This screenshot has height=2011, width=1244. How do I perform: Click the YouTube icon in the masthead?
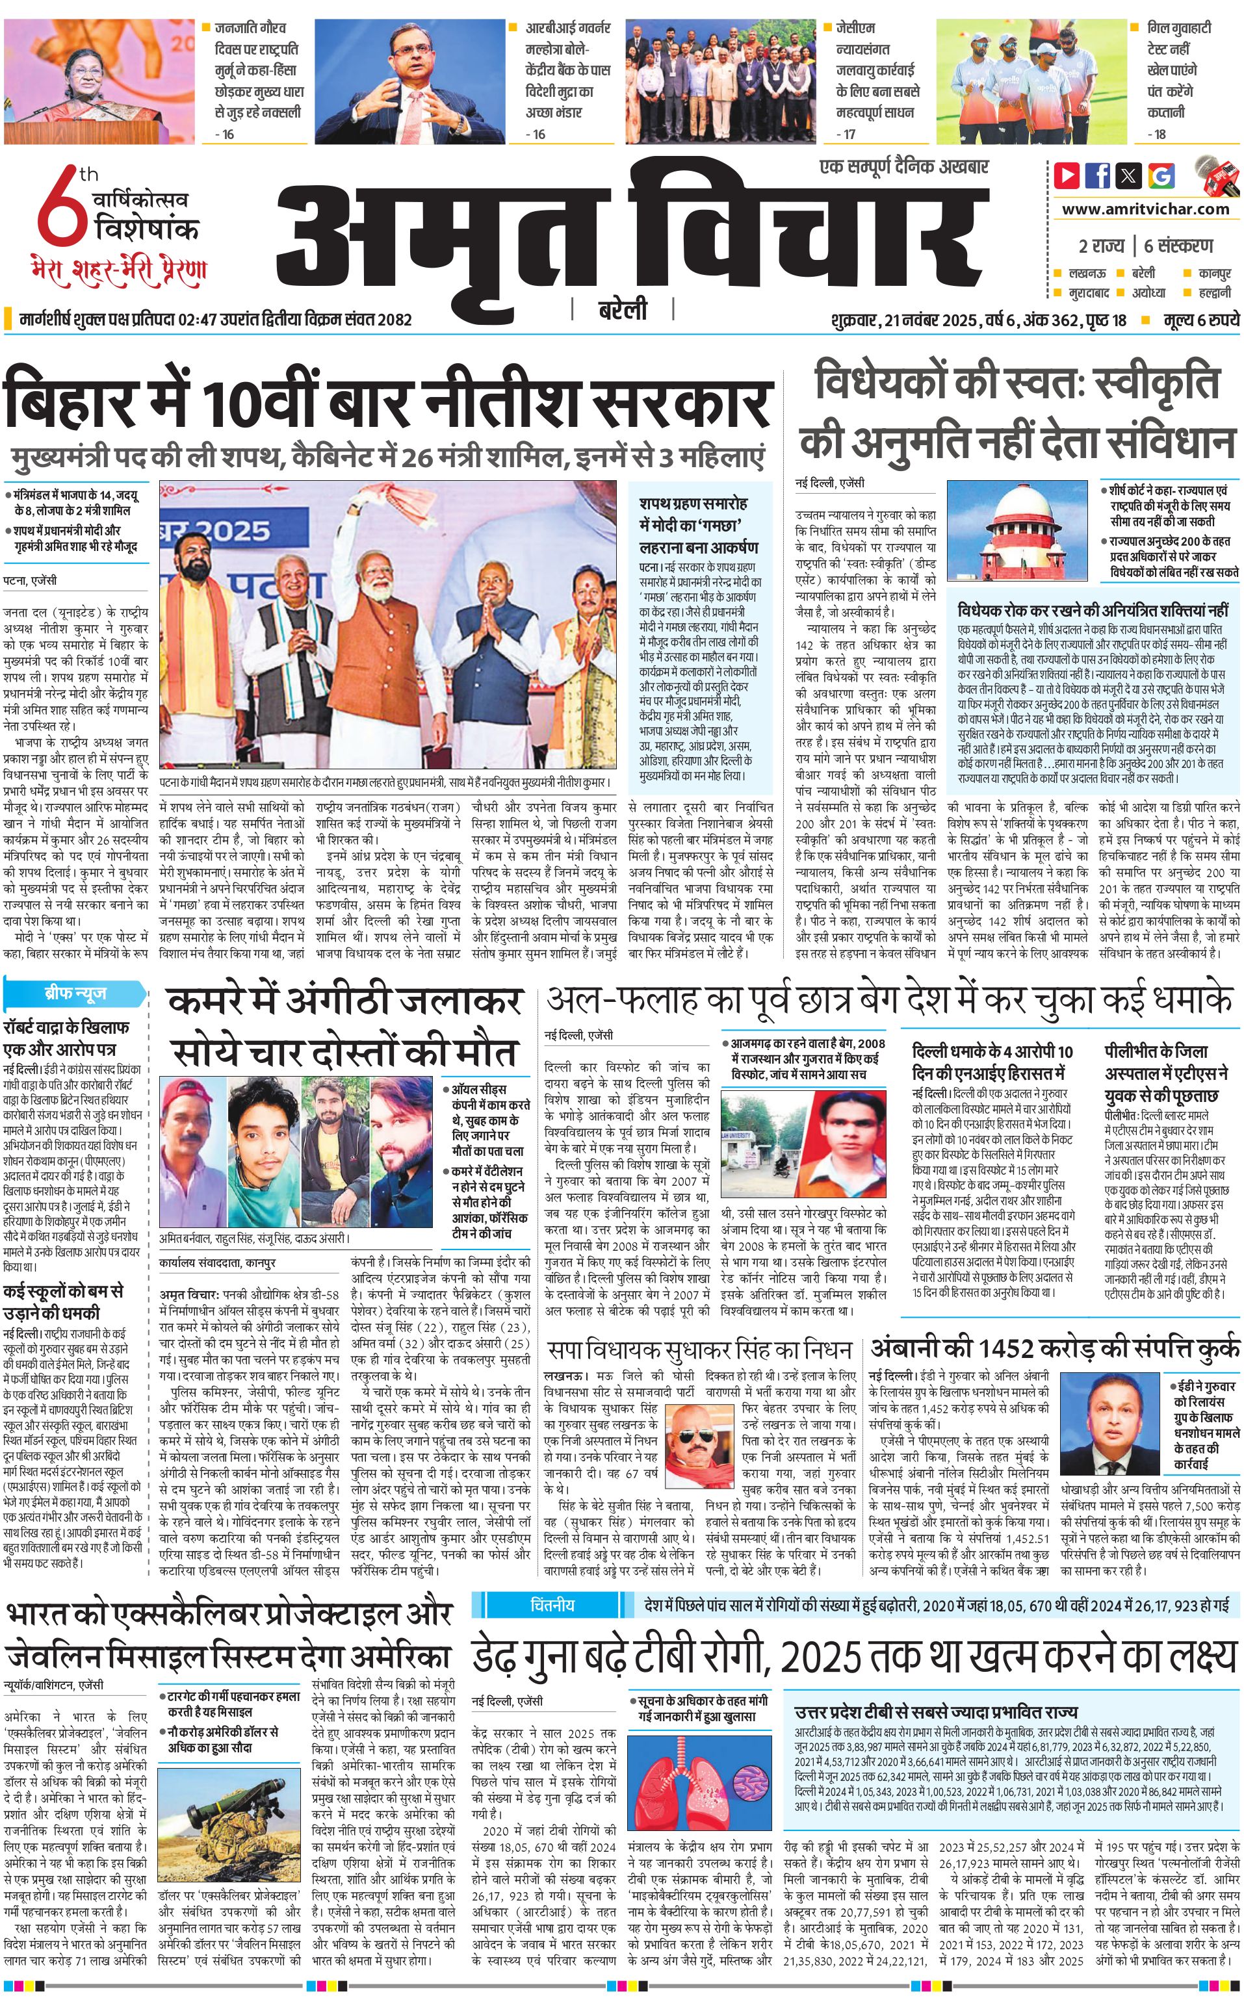click(x=1067, y=175)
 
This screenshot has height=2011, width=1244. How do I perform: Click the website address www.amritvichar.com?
click(x=1145, y=209)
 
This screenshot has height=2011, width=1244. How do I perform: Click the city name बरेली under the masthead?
click(x=622, y=309)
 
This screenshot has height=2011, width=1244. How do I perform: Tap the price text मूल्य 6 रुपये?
click(x=1200, y=320)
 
